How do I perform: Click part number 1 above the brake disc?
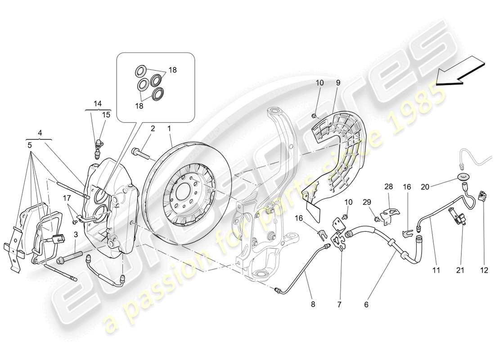(x=169, y=129)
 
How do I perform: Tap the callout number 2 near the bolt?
(x=153, y=129)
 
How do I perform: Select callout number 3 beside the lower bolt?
(x=75, y=235)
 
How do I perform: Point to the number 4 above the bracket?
(x=40, y=133)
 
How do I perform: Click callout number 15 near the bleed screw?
(x=106, y=115)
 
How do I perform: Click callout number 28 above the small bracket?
(x=388, y=186)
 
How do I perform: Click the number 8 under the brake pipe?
(x=313, y=304)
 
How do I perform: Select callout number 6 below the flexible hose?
(x=366, y=304)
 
